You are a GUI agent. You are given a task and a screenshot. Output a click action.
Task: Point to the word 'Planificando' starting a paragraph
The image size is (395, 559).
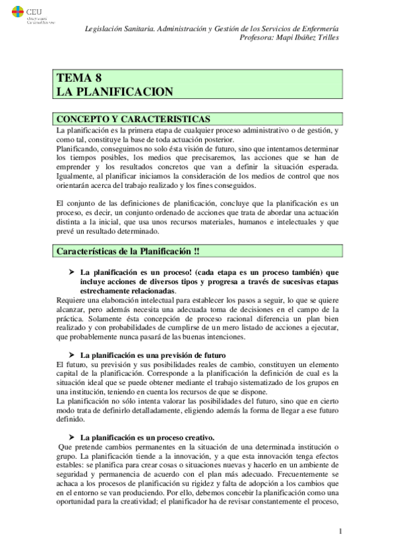click(77, 149)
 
